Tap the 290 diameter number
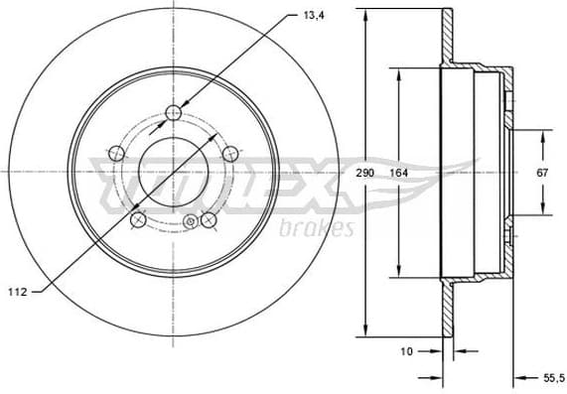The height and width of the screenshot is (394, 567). (x=366, y=173)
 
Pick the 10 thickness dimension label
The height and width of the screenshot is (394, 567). (x=406, y=350)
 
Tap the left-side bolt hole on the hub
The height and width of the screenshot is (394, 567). (x=115, y=153)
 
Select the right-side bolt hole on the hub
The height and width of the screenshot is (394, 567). (x=230, y=153)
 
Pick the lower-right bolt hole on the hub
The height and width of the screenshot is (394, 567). (x=210, y=220)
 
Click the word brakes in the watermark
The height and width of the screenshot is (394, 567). (x=324, y=229)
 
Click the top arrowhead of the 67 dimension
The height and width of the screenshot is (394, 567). (x=543, y=130)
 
